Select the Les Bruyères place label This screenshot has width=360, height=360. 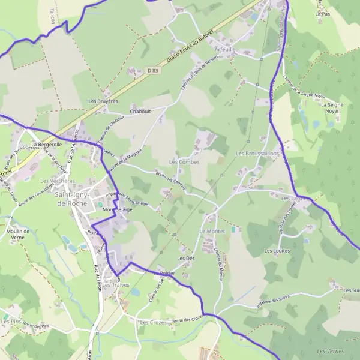[103, 101]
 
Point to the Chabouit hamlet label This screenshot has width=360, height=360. [140, 111]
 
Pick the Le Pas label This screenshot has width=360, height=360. [322, 13]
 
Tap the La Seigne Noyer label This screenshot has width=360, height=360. [331, 108]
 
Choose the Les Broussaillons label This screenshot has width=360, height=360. [258, 154]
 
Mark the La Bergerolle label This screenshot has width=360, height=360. [47, 145]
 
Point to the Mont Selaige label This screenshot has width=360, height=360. [117, 210]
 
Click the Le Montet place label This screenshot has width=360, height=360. [211, 231]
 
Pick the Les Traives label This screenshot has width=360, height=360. [116, 285]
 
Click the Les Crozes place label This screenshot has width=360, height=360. [152, 323]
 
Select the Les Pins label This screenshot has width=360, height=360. [11, 322]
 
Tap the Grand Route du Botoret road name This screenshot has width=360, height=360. [188, 49]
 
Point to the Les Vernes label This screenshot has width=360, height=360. [330, 351]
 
